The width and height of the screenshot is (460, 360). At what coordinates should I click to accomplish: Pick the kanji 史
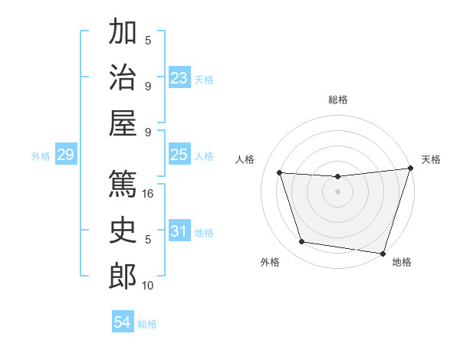click(123, 230)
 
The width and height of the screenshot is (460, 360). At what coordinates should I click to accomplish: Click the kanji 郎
click(123, 276)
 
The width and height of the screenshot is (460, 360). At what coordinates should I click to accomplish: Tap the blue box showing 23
click(179, 78)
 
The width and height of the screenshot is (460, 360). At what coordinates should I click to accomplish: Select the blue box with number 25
click(179, 155)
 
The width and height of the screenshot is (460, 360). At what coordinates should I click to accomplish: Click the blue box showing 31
click(179, 232)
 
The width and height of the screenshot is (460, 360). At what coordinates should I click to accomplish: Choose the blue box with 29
click(65, 155)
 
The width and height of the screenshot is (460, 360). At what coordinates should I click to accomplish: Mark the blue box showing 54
click(122, 322)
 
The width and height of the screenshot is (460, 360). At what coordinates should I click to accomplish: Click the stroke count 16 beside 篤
click(149, 194)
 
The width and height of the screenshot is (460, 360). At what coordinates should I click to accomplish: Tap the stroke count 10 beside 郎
click(149, 286)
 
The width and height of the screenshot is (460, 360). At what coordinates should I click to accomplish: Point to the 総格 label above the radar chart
click(337, 100)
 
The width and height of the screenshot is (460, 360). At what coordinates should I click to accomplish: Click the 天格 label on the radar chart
click(431, 159)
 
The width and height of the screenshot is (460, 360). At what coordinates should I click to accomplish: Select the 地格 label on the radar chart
click(401, 262)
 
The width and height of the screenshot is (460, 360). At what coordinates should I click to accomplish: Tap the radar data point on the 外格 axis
click(302, 242)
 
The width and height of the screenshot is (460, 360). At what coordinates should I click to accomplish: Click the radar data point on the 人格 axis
click(280, 173)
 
